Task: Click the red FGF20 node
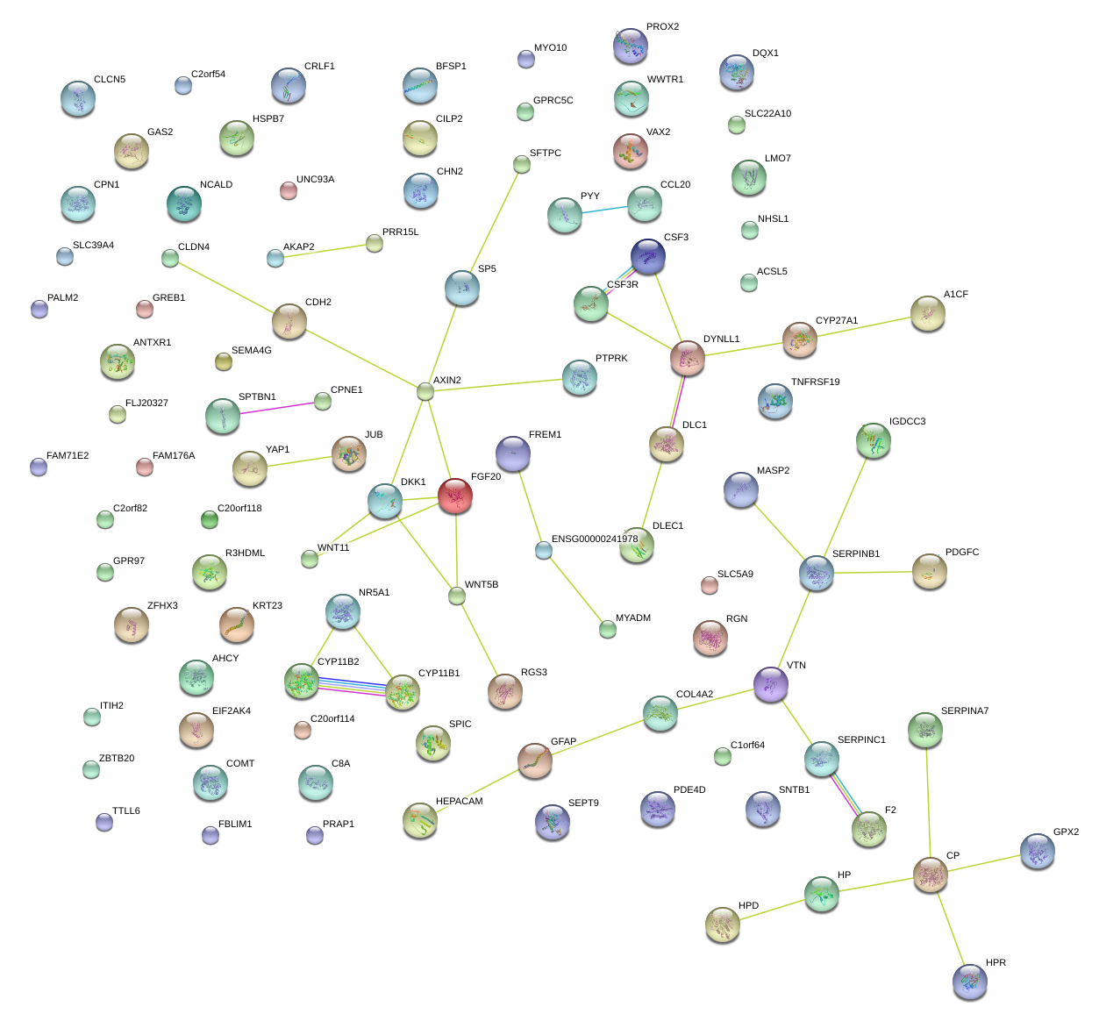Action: pyautogui.click(x=455, y=496)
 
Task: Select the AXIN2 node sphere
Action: pyautogui.click(x=425, y=391)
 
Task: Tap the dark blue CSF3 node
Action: pyautogui.click(x=648, y=256)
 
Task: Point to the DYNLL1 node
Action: pyautogui.click(x=688, y=358)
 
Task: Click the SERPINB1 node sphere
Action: pyautogui.click(x=817, y=573)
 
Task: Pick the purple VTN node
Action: pyautogui.click(x=771, y=683)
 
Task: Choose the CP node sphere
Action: pyautogui.click(x=931, y=874)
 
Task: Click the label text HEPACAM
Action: pyautogui.click(x=459, y=802)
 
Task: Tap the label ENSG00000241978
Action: pyautogui.click(x=595, y=539)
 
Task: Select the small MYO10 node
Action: pyautogui.click(x=525, y=59)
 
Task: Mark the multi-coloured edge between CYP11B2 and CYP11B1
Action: pyautogui.click(x=352, y=686)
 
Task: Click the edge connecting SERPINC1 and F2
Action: pyautogui.click(x=846, y=795)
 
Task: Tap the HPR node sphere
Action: pyautogui.click(x=969, y=981)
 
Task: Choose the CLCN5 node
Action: pyautogui.click(x=78, y=98)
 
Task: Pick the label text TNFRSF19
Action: pyautogui.click(x=815, y=382)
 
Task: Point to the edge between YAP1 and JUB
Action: pyautogui.click(x=300, y=461)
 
